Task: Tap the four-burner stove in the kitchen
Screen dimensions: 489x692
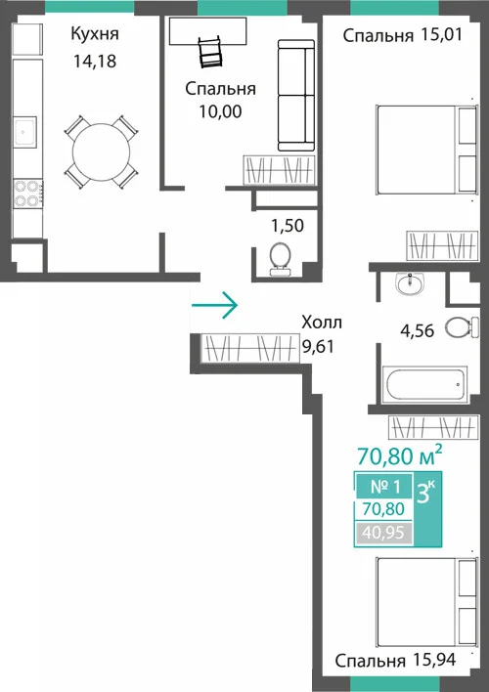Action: (28, 194)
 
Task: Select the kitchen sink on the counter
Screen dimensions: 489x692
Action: (24, 132)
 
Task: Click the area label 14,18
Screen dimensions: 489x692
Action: (95, 61)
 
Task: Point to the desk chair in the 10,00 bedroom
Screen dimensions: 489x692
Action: (210, 53)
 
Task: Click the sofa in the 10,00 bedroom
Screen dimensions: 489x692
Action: (296, 96)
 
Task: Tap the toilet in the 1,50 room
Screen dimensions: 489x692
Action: (280, 259)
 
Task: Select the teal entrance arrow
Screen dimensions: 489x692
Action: (215, 305)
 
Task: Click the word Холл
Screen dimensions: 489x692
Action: (322, 323)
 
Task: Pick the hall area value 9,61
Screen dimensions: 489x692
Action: (318, 346)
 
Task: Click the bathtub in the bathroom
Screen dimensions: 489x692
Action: (424, 384)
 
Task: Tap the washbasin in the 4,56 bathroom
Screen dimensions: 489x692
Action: (411, 283)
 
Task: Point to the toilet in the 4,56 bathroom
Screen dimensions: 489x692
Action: (462, 327)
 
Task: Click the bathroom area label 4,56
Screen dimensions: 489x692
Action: (417, 330)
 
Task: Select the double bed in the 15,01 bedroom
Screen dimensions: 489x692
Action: (426, 150)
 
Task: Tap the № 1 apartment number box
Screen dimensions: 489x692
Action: (384, 487)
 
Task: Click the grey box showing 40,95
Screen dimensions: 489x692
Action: (383, 533)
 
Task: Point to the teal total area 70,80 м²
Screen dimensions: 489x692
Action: (399, 455)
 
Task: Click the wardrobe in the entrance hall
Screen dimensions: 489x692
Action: (249, 349)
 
